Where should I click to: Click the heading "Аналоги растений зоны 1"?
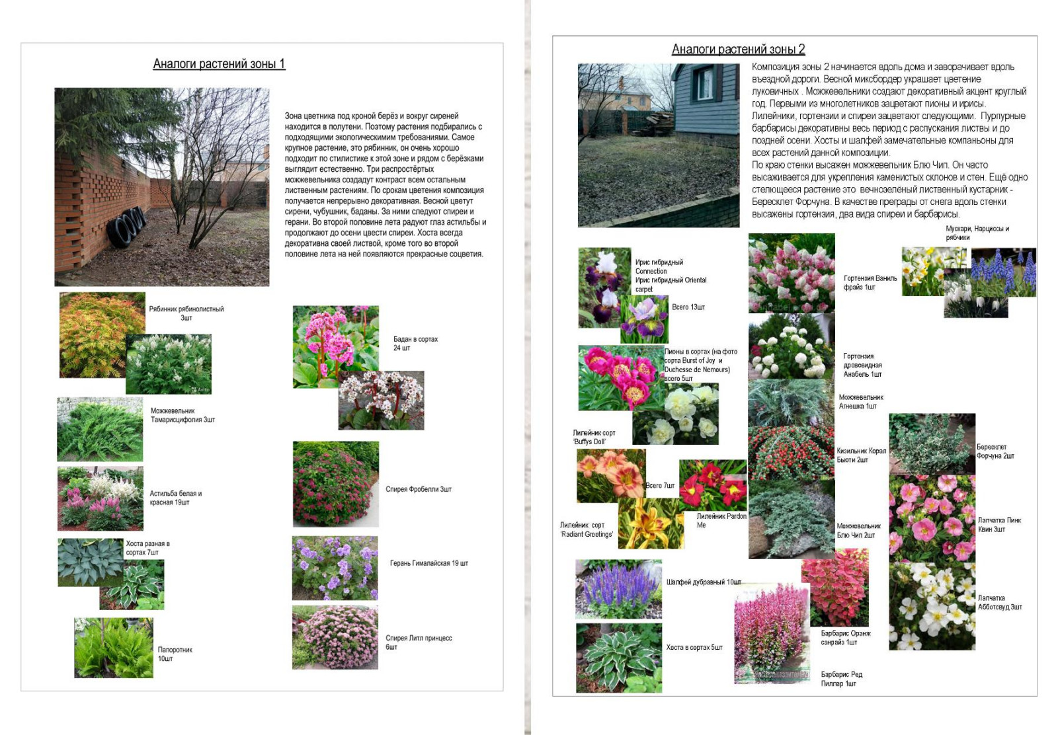click(219, 64)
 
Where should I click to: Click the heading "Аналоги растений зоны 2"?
click(738, 49)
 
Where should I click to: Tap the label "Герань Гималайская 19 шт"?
click(428, 563)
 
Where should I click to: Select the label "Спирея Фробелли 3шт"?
click(418, 489)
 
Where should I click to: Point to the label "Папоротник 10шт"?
click(175, 654)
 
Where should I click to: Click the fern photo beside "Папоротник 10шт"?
click(114, 648)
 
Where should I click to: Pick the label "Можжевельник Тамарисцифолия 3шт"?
click(183, 415)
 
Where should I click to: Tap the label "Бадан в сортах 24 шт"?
click(415, 343)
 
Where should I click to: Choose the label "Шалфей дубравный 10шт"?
click(704, 582)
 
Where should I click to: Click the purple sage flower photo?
click(618, 590)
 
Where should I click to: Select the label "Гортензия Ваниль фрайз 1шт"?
click(870, 282)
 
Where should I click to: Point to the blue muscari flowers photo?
click(1002, 272)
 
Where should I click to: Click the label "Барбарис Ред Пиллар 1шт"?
click(841, 679)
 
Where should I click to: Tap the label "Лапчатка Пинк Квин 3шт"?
click(999, 525)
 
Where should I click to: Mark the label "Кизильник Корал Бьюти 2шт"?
click(861, 455)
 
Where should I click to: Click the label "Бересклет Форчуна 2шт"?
click(995, 451)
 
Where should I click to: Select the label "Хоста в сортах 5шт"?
click(694, 647)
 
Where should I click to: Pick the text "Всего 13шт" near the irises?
click(688, 307)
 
